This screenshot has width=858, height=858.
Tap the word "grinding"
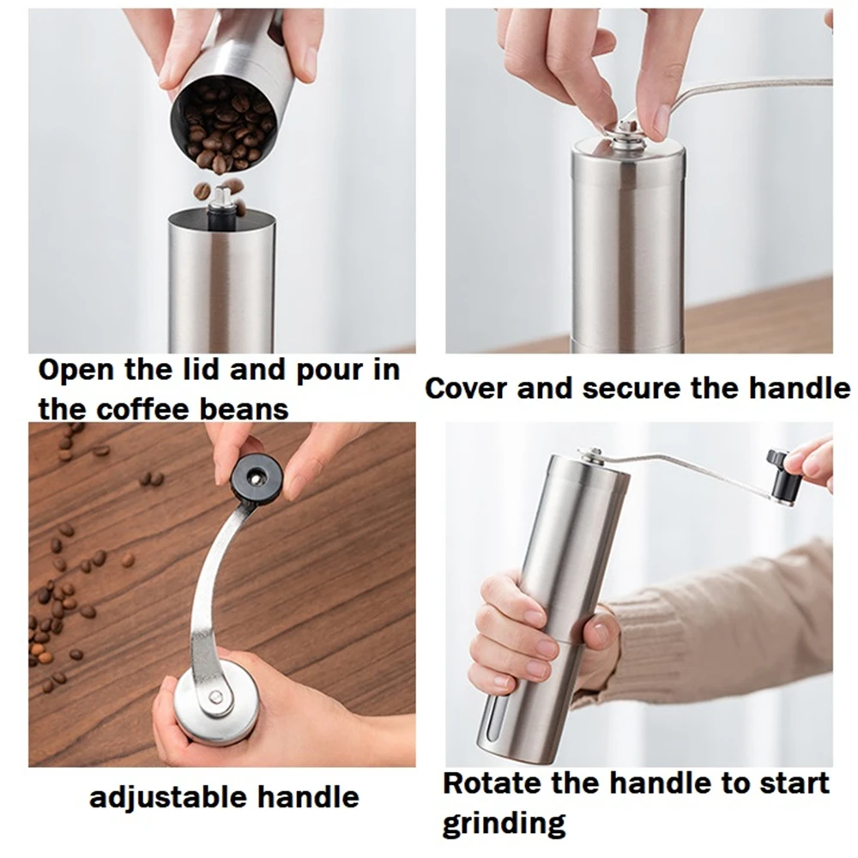coord(505,823)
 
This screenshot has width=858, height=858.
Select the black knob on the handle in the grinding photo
coord(782,476)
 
